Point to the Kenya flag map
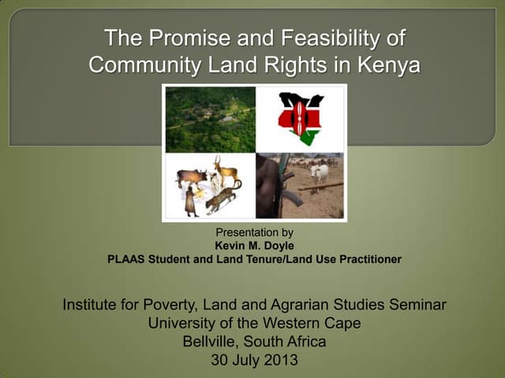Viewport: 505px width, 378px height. pos(300,118)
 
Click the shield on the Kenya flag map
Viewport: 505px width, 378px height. pos(300,118)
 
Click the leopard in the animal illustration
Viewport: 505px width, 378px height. pos(223,198)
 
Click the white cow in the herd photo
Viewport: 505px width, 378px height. pos(320,172)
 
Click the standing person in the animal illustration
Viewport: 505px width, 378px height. pos(190,202)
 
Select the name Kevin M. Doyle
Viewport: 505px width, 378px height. pos(254,245)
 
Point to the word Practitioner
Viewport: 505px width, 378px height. pos(367,258)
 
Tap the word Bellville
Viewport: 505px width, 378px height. pos(211,343)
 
